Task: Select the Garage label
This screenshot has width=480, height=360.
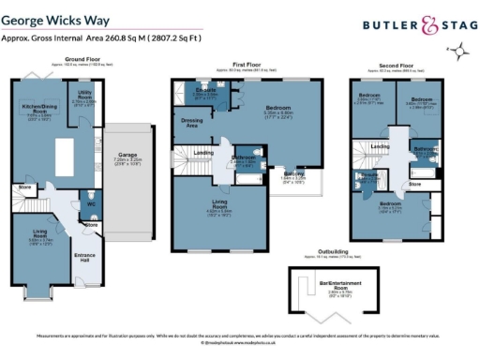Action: (x=128, y=155)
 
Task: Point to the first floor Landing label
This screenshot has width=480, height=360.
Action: (x=202, y=153)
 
